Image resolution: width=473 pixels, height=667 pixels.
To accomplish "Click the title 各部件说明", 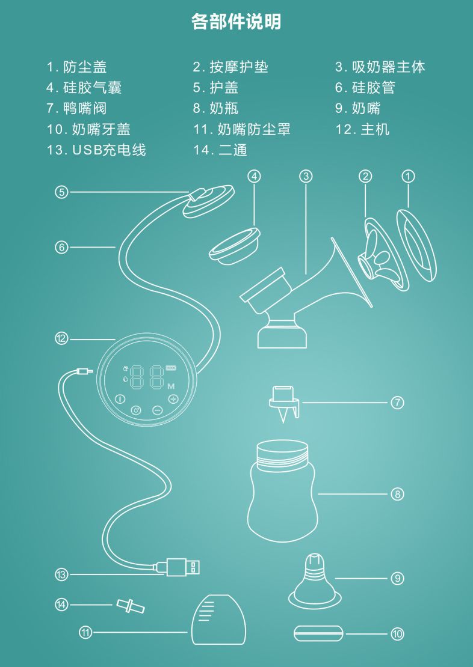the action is point(236,22).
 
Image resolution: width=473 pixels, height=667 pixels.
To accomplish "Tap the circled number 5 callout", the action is point(61,192).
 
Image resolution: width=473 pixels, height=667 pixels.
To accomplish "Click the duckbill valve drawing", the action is point(283,403).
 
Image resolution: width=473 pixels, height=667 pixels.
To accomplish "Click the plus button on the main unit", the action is point(173,399).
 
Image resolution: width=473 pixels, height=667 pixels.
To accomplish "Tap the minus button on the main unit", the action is point(157,410).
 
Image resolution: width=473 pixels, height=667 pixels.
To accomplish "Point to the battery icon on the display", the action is point(172,369).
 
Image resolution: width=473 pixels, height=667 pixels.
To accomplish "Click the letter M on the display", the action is point(171,386).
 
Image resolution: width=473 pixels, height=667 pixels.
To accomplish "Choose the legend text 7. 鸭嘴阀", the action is point(76,108).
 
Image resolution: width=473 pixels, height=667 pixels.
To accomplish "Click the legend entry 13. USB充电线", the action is point(96,150).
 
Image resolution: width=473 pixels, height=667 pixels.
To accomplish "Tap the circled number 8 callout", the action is point(397,495).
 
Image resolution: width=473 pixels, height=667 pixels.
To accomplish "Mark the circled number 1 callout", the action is point(408,176).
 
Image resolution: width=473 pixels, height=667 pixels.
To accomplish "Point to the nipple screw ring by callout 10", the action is point(318,633).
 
